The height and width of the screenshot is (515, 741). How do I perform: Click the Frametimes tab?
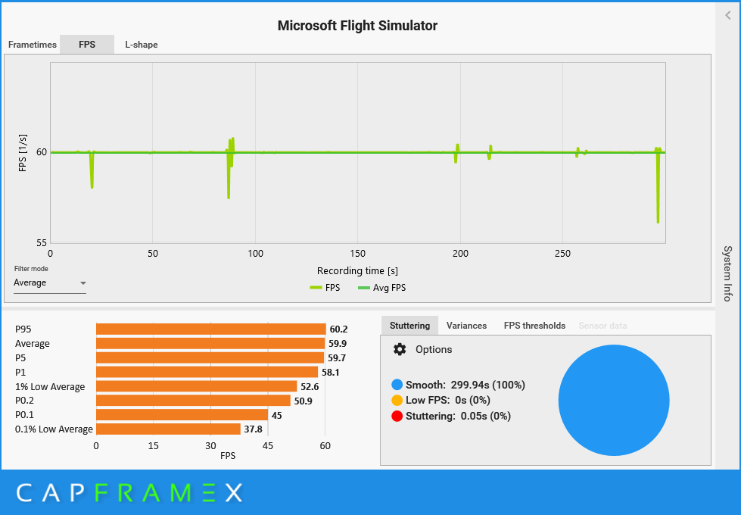(33, 45)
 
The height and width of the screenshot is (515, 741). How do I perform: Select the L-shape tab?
(142, 45)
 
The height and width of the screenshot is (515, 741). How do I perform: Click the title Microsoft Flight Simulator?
(357, 26)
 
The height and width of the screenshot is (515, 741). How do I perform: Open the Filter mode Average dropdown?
(50, 283)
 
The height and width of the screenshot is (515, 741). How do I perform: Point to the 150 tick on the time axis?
(358, 254)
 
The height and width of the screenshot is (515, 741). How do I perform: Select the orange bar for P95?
(210, 329)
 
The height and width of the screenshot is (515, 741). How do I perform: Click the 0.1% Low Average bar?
(168, 429)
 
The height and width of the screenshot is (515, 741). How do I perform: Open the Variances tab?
(466, 326)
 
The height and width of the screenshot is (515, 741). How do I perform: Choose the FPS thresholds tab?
(534, 326)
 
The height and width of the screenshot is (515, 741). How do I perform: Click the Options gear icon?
(400, 349)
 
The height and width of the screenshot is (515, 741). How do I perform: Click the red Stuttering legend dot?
(397, 416)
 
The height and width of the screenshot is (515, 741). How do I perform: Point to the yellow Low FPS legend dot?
(397, 400)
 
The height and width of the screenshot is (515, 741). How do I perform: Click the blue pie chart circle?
(614, 401)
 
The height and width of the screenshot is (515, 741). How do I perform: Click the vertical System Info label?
(727, 273)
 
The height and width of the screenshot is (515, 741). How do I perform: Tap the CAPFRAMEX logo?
(129, 493)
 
